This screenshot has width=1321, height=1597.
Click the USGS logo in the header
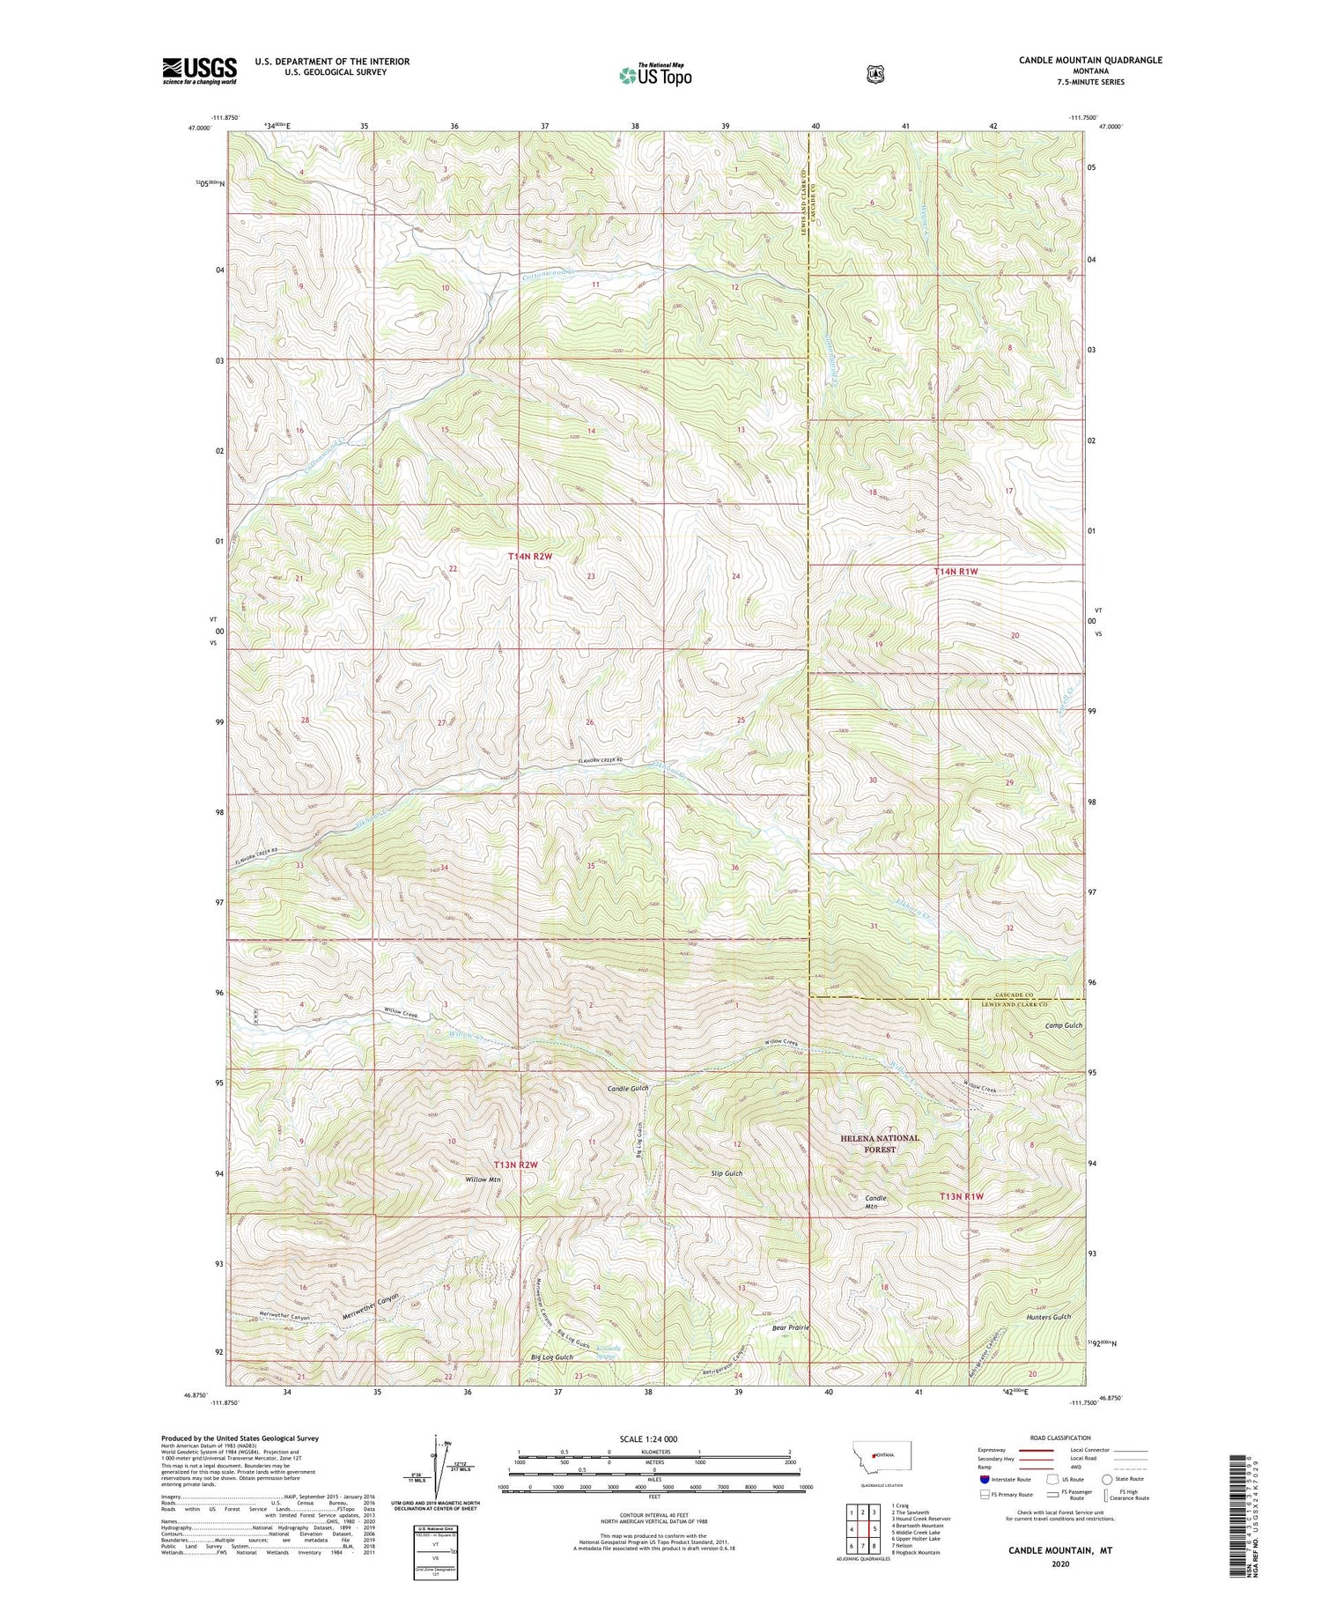(199, 70)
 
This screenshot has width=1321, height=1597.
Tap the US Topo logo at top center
(655, 75)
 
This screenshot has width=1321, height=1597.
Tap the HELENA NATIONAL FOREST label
(879, 1143)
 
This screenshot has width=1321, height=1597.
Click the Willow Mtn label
(483, 1179)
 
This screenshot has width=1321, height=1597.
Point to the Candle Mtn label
(875, 1203)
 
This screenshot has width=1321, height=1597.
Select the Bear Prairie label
(790, 1327)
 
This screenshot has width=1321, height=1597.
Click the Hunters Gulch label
(1048, 1316)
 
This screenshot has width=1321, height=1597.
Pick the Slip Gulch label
(727, 1173)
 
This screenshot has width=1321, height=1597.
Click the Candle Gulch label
(628, 1089)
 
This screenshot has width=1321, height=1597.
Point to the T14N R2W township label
(529, 557)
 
